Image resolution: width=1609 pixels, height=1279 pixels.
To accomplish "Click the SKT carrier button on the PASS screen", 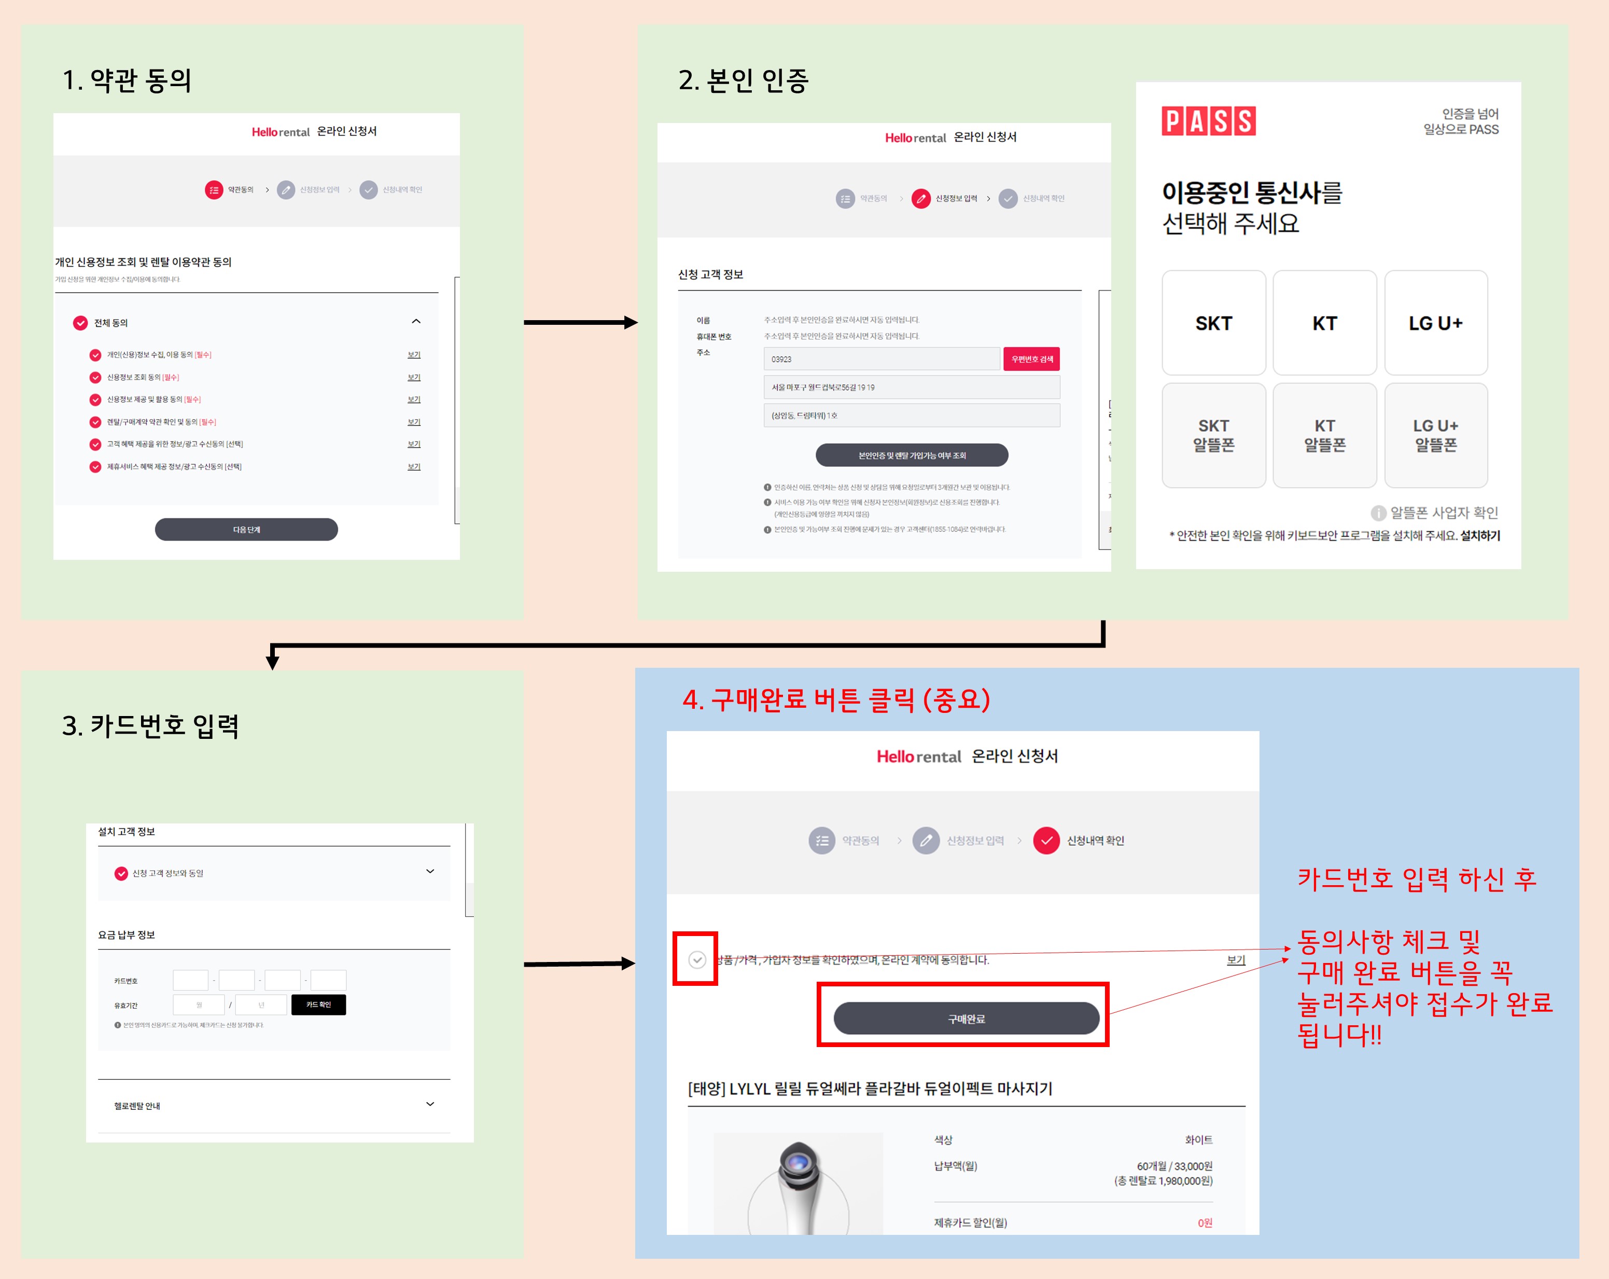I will click(x=1213, y=323).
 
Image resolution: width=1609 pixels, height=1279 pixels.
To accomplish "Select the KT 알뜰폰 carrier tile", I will click(x=1325, y=435).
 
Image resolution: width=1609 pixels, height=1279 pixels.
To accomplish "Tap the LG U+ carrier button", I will click(x=1435, y=323).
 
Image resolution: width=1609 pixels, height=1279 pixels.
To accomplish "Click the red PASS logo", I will click(x=1208, y=121).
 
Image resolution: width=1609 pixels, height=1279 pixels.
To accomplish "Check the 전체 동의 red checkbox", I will click(x=80, y=323).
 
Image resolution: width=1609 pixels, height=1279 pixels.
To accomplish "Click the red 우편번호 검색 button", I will click(x=1031, y=359).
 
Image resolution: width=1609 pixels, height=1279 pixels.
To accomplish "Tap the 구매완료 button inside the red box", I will click(x=966, y=1019).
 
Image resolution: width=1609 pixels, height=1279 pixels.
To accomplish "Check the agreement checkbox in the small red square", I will click(x=696, y=959).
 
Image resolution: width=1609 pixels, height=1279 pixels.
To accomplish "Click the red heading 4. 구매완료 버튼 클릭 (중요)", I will click(x=836, y=699).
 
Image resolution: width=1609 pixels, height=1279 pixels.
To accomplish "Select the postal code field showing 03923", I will click(x=880, y=359).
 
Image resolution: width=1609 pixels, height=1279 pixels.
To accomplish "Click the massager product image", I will click(x=799, y=1184).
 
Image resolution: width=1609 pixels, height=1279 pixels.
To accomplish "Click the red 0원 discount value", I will click(x=1205, y=1223).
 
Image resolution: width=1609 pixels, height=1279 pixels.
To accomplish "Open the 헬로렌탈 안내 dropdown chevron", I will click(x=430, y=1104).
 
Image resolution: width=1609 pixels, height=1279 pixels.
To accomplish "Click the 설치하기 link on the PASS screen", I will click(x=1480, y=535).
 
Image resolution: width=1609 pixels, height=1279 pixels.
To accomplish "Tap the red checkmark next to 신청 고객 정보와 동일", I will click(x=121, y=874).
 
